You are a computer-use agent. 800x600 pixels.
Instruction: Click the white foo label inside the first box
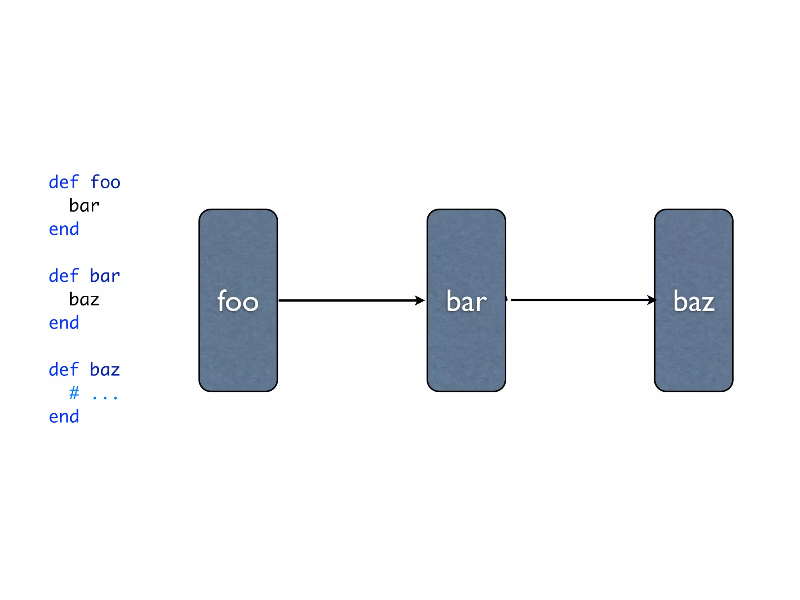(238, 301)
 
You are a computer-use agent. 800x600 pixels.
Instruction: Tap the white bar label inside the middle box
(466, 301)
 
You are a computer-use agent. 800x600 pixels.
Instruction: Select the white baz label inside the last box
(694, 301)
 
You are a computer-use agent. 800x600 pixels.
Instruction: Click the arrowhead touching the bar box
(420, 300)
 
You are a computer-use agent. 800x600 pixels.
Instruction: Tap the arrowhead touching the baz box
(652, 300)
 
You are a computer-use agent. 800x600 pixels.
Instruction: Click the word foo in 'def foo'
(105, 182)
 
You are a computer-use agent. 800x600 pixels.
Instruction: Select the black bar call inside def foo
(84, 206)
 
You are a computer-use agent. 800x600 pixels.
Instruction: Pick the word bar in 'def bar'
(105, 276)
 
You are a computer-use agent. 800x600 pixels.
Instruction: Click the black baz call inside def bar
(84, 300)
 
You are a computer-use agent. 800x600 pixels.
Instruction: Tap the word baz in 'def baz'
(105, 370)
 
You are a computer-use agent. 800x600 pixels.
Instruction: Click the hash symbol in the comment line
(74, 393)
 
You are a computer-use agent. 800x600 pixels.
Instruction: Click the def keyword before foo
(64, 182)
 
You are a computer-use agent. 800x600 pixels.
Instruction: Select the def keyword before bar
(64, 276)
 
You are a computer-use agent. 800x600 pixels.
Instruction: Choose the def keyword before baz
(64, 370)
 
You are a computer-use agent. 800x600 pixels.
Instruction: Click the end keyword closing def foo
(64, 229)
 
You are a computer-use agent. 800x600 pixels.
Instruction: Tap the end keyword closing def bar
(64, 323)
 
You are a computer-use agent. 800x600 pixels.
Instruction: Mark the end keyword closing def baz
(64, 417)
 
